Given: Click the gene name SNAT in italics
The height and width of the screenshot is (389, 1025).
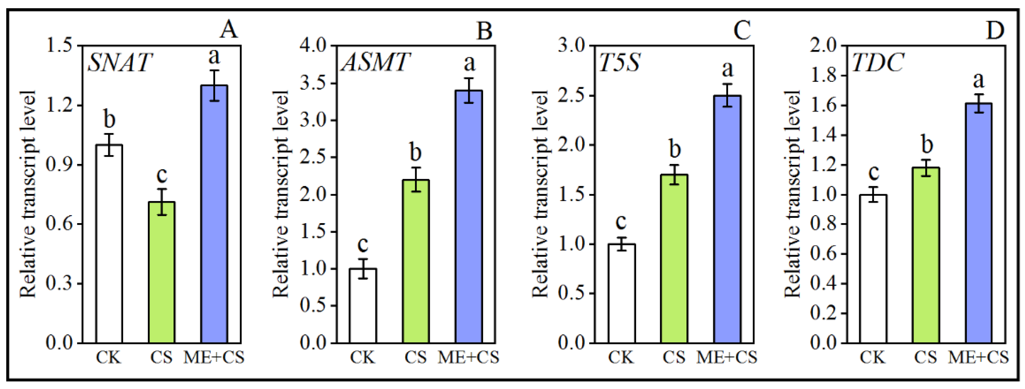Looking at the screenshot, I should pyautogui.click(x=120, y=63).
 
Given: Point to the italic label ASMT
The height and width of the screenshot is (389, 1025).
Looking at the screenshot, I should pyautogui.click(x=375, y=63).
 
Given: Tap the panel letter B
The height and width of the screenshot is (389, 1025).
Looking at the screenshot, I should pyautogui.click(x=484, y=30).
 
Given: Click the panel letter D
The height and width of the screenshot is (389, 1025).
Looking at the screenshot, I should pyautogui.click(x=995, y=30).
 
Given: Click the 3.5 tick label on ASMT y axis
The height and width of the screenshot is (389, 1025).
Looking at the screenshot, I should pyautogui.click(x=313, y=84).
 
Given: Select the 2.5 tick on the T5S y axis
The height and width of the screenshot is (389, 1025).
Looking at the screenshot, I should pyautogui.click(x=571, y=96).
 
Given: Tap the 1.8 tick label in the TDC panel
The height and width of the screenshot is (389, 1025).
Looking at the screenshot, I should pyautogui.click(x=823, y=76).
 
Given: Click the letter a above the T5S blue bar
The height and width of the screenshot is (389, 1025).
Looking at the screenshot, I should pyautogui.click(x=727, y=69).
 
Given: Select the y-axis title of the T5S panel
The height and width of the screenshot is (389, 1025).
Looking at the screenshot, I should pyautogui.click(x=540, y=194).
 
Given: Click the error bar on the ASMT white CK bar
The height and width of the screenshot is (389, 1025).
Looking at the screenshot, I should pyautogui.click(x=363, y=269).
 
